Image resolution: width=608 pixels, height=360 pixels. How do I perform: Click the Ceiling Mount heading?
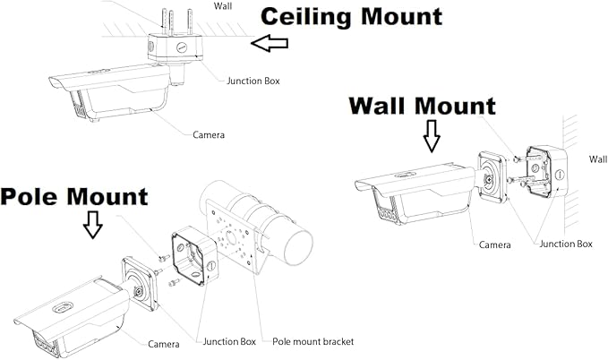352,17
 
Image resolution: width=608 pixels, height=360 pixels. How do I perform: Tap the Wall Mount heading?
423,106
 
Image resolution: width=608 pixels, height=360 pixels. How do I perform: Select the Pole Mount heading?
74,197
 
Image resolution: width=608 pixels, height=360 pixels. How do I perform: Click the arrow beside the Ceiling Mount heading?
270,43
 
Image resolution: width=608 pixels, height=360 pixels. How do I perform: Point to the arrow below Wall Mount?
432,136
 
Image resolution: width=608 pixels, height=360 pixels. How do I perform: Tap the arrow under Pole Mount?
92,225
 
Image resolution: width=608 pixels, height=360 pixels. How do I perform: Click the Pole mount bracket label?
313,341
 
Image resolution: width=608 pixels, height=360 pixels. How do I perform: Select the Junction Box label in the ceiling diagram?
253,81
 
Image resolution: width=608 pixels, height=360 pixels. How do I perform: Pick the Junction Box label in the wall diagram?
566,244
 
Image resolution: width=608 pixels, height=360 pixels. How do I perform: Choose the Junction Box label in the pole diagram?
229,341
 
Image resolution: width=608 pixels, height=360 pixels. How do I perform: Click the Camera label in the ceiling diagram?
209,134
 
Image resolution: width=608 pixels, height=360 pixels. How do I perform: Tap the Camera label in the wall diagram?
495,244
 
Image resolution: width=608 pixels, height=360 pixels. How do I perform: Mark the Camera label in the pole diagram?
164,344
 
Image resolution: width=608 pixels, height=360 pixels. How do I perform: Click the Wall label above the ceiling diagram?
223,5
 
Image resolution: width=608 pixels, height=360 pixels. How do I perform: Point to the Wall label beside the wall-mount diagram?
598,159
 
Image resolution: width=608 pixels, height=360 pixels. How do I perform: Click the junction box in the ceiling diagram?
175,47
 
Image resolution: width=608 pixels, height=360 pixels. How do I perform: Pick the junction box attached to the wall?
547,172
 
